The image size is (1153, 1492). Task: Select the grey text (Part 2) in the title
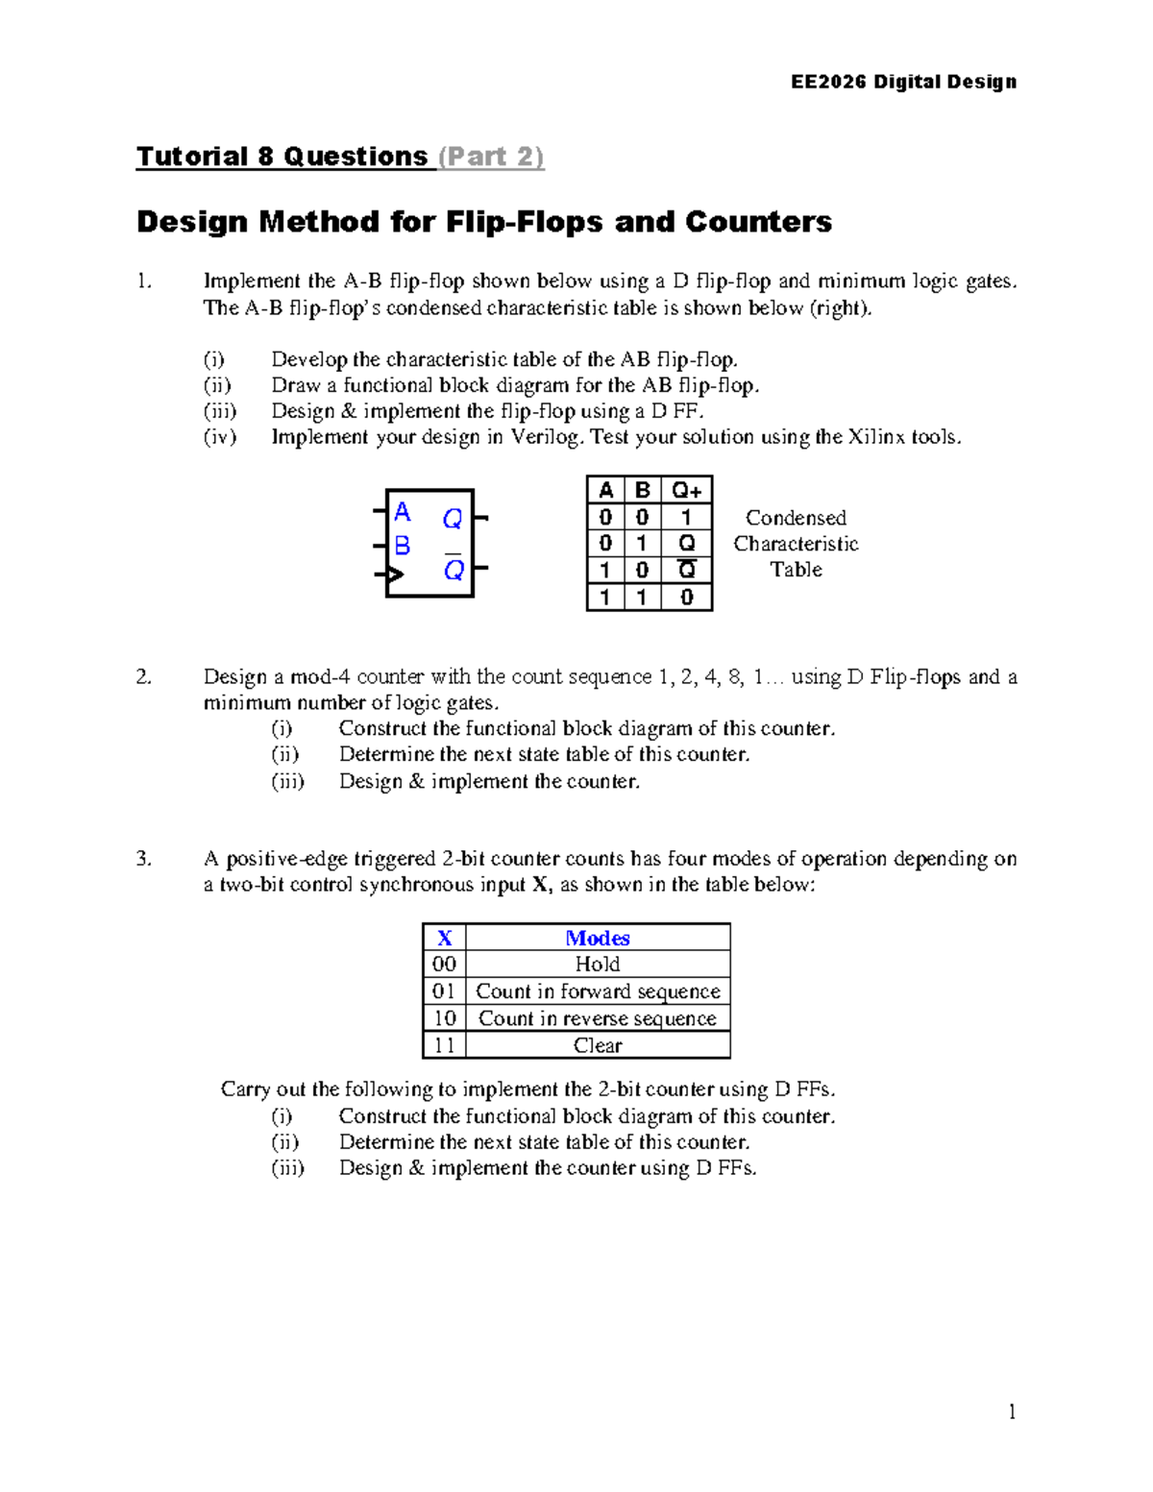(x=491, y=157)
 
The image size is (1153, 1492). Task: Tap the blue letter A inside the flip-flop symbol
(x=403, y=512)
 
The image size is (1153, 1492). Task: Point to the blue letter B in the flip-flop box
(x=403, y=546)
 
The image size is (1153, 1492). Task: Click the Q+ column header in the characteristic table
(x=686, y=490)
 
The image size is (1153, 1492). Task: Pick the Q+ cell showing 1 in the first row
(x=686, y=517)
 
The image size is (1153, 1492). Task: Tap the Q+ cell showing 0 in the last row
(x=686, y=597)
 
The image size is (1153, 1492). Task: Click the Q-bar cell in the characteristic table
(x=686, y=570)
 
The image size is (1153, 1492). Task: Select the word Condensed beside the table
(x=796, y=518)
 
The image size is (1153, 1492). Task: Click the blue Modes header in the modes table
(x=597, y=938)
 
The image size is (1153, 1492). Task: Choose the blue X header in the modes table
(x=444, y=938)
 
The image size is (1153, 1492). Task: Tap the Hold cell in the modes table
(x=597, y=964)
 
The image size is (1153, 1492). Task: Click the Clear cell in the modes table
(x=597, y=1045)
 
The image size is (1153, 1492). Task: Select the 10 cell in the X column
(x=444, y=1018)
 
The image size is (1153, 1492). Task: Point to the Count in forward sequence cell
(x=597, y=991)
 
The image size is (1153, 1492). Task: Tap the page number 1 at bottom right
(x=1012, y=1411)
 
